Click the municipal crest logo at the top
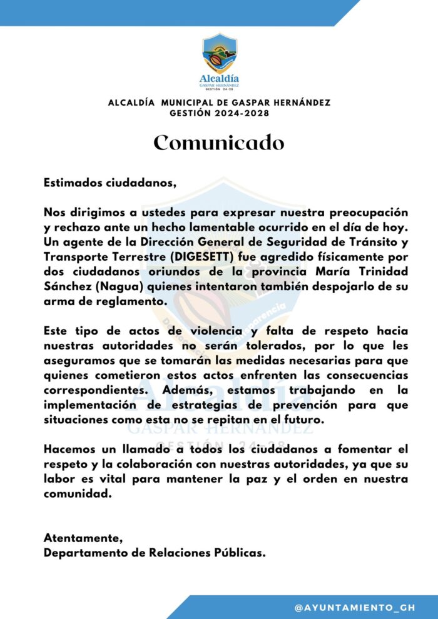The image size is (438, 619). pos(219,55)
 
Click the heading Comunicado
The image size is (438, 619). pos(219,143)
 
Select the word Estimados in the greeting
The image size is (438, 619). pos(69,184)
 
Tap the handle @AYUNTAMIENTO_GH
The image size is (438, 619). pos(355,607)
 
